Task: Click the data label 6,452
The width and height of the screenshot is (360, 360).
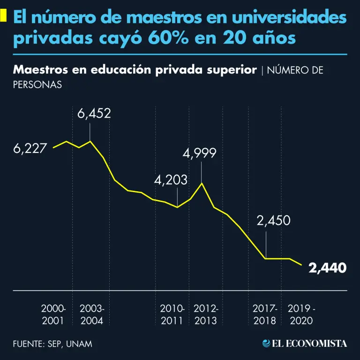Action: [x=94, y=113]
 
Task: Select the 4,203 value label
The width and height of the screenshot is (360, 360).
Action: [x=171, y=180]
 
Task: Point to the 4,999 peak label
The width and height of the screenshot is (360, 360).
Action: [x=200, y=153]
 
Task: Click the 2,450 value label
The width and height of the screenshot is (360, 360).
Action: [x=274, y=221]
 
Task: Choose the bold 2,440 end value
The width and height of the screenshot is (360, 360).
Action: [x=328, y=268]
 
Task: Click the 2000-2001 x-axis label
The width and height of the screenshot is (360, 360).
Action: [x=54, y=315]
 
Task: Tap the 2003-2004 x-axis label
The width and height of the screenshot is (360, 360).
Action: [x=92, y=315]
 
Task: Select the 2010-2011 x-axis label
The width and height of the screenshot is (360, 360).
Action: [x=172, y=315]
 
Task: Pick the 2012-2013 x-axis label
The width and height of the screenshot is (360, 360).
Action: [x=205, y=315]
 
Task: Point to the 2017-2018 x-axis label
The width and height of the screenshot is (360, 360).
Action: [x=265, y=315]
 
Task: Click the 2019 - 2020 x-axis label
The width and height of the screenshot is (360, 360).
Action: [x=301, y=315]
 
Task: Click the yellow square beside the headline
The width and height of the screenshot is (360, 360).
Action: [x=3, y=16]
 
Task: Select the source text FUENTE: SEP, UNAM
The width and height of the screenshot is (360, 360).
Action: [x=52, y=344]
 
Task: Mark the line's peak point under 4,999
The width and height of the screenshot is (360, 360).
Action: [x=202, y=183]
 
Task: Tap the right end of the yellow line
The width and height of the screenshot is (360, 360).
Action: [x=301, y=265]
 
